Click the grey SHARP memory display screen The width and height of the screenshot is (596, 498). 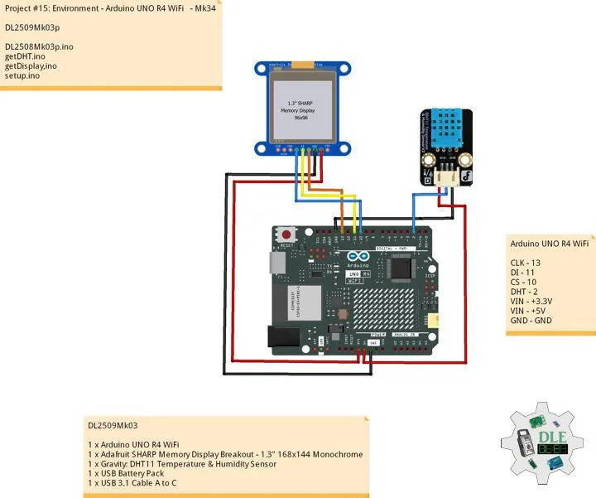[x=300, y=108]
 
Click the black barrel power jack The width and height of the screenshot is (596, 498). [x=281, y=334]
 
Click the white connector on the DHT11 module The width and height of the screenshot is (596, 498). [x=445, y=176]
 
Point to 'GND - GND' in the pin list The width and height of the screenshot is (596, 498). [x=531, y=320]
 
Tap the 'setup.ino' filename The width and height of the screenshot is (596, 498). [x=23, y=75]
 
